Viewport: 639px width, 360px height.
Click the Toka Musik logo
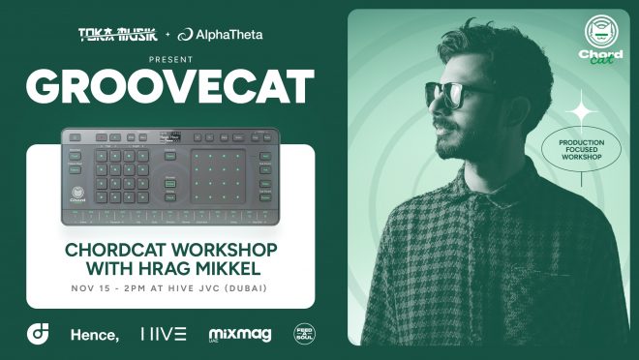click(x=115, y=35)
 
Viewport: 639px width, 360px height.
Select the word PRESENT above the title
click(x=170, y=57)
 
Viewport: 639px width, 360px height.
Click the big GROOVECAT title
click(x=170, y=87)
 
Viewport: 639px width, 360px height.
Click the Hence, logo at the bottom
click(x=94, y=335)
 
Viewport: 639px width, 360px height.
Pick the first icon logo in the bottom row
click(x=36, y=335)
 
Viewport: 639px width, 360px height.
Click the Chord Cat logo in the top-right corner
click(x=602, y=40)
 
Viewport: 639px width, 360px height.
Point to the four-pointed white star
click(x=582, y=112)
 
